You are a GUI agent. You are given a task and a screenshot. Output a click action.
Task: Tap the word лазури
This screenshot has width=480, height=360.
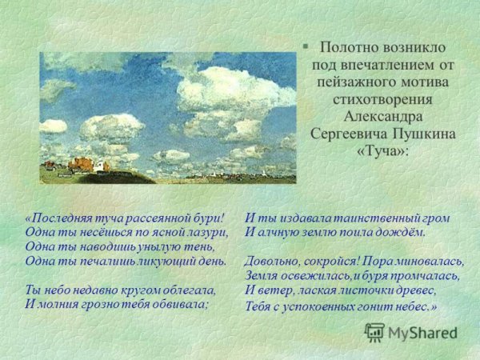(206, 232)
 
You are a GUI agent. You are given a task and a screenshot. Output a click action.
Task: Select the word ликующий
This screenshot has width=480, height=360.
(157, 261)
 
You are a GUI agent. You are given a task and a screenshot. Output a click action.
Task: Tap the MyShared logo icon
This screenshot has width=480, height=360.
(374, 331)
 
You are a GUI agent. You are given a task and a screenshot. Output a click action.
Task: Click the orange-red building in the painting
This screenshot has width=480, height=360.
(79, 164)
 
